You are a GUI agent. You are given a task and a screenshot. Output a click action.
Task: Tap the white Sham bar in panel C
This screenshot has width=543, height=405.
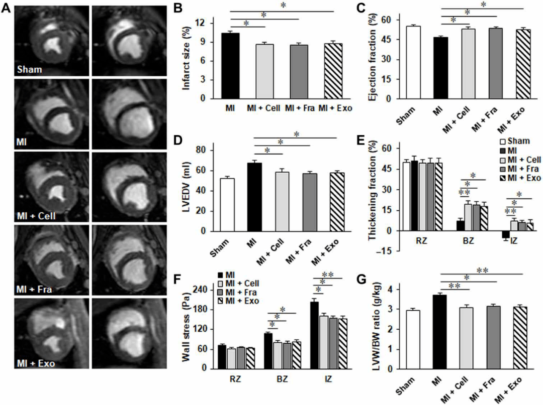click(413, 62)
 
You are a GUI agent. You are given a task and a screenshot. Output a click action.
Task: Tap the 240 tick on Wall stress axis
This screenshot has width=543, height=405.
click(204, 290)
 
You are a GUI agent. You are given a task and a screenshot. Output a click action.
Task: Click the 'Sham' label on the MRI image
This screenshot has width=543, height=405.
click(29, 69)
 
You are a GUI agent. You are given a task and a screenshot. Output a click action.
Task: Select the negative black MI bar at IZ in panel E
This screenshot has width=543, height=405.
click(492, 235)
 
